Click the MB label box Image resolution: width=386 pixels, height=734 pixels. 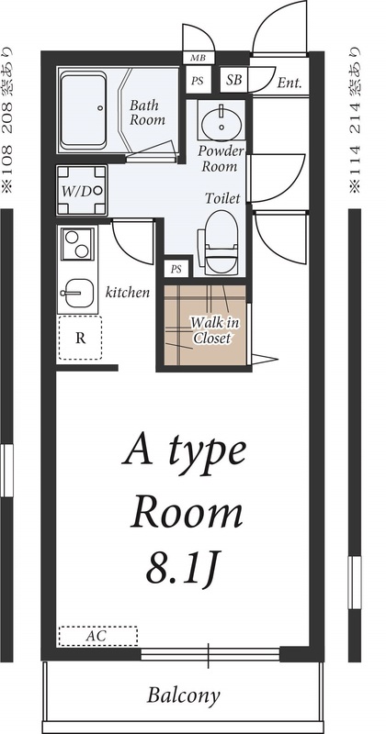[x=198, y=58]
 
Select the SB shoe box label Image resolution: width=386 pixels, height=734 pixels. [x=234, y=80]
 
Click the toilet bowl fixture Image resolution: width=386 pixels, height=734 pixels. [x=221, y=240]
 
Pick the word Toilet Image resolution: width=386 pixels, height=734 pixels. [x=222, y=197]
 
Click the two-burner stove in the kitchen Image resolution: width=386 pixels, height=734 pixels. [x=76, y=244]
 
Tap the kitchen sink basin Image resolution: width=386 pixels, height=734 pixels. [x=77, y=293]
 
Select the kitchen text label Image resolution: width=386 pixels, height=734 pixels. [x=128, y=294]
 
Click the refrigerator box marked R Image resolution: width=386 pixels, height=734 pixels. [x=81, y=337]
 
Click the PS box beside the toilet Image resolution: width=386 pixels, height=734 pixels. [x=176, y=268]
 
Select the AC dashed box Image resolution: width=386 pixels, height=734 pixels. [x=97, y=635]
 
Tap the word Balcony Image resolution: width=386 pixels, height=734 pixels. [x=184, y=695]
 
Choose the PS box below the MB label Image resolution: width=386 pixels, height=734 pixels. [x=198, y=81]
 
